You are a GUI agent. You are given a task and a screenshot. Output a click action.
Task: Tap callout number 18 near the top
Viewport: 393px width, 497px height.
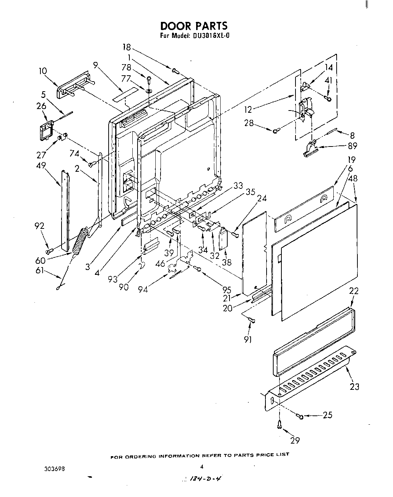127,47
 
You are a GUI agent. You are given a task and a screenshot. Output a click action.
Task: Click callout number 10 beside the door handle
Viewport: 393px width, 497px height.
43,70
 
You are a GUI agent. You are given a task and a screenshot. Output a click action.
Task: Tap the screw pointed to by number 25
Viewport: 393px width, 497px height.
301,417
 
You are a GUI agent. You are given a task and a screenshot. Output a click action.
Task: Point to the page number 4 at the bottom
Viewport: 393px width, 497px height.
202,467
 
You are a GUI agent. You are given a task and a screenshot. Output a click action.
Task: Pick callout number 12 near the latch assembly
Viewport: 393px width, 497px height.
248,110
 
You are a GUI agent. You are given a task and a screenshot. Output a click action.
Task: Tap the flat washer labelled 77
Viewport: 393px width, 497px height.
148,90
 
